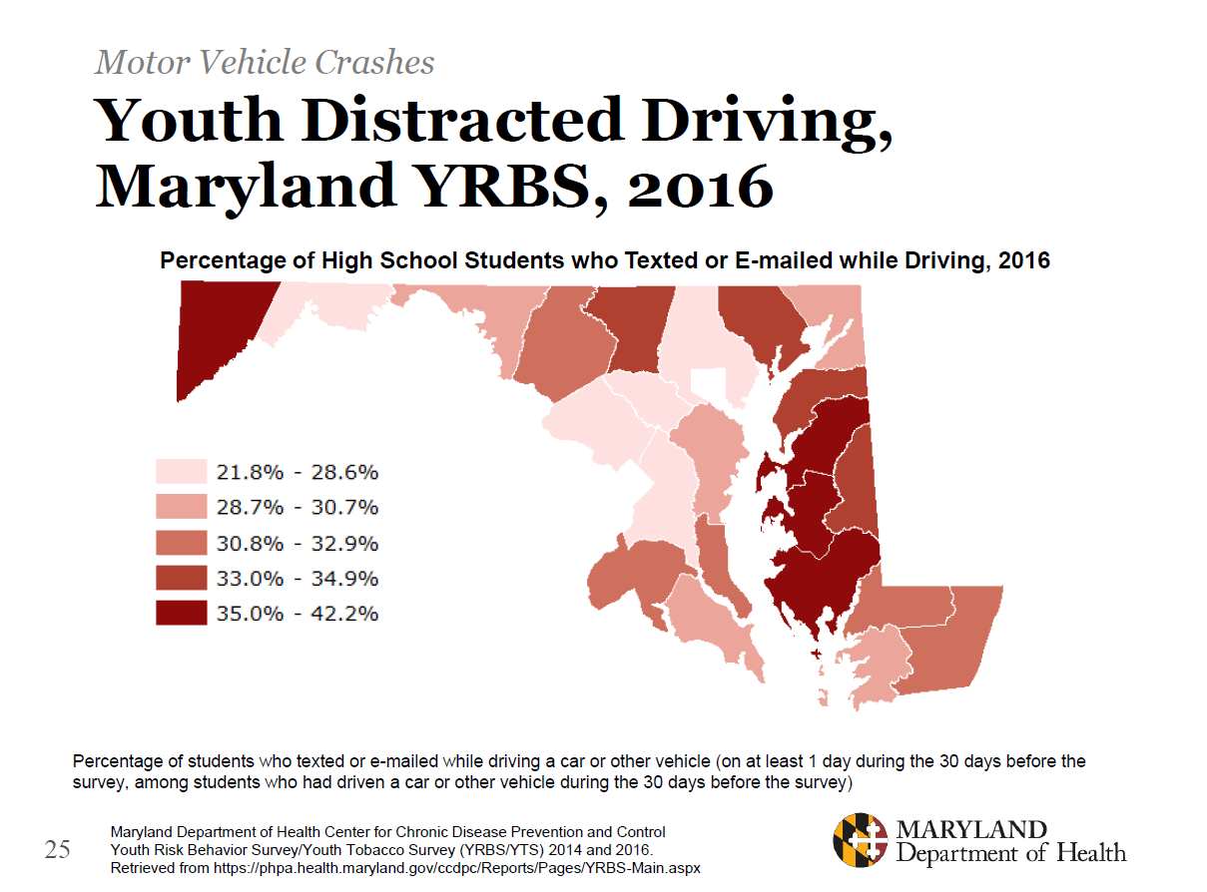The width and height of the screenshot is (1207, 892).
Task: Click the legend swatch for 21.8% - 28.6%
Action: (x=181, y=472)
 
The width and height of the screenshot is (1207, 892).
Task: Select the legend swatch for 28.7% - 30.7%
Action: (x=181, y=507)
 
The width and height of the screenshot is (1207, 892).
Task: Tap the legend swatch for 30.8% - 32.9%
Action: (x=181, y=543)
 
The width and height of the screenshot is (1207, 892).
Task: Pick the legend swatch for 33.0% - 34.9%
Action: (x=181, y=578)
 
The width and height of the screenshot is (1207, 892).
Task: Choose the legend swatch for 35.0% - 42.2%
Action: (x=181, y=613)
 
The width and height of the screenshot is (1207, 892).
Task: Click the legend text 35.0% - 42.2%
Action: (x=298, y=613)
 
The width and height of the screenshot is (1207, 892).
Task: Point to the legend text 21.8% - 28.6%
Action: (x=298, y=472)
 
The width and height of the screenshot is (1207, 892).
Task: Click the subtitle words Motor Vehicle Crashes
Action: (x=265, y=63)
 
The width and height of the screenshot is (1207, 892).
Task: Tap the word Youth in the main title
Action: (x=189, y=122)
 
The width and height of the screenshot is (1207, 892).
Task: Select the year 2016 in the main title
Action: (x=701, y=186)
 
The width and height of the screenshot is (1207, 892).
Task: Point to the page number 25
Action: (x=58, y=849)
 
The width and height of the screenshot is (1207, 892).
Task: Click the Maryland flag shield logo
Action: (x=861, y=841)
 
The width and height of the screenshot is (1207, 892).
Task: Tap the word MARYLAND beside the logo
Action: (x=971, y=830)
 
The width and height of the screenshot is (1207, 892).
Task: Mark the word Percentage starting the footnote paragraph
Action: (x=118, y=761)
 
